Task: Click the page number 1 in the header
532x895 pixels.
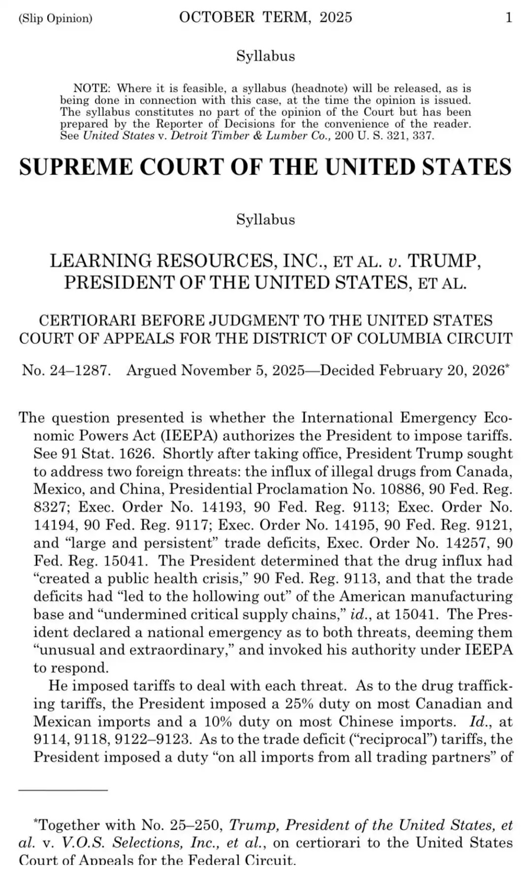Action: [508, 18]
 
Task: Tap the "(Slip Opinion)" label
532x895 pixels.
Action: [56, 18]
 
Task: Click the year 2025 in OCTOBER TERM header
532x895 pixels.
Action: [336, 18]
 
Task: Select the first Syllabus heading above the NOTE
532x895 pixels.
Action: [265, 56]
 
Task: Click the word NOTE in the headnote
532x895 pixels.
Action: [92, 89]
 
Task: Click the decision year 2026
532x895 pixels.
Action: [487, 370]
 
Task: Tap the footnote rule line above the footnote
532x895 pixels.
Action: [63, 790]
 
